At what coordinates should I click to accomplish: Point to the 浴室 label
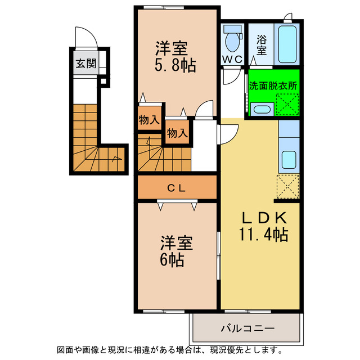pyautogui.click(x=262, y=45)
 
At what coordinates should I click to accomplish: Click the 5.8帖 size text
pyautogui.click(x=175, y=66)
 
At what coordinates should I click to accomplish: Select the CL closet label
pyautogui.click(x=177, y=188)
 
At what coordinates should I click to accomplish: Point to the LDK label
pyautogui.click(x=265, y=218)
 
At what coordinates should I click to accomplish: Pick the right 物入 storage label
pyautogui.click(x=177, y=133)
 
